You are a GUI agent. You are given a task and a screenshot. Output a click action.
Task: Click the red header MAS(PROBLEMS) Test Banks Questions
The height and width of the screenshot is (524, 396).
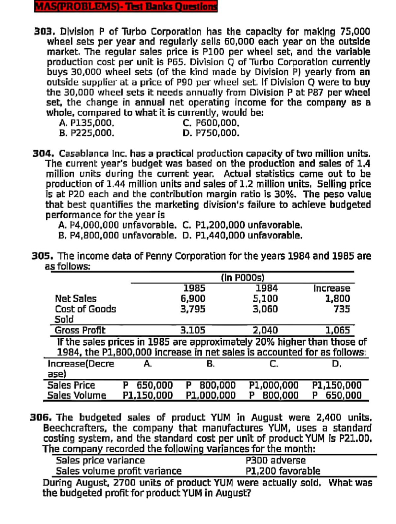[x=126, y=6]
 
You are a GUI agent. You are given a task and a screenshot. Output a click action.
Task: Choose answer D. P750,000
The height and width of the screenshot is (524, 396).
[x=211, y=133]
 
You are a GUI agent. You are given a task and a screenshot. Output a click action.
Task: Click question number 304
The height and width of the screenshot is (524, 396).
[x=43, y=154]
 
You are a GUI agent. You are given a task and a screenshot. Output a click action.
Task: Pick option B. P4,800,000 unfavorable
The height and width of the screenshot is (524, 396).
[x=117, y=235]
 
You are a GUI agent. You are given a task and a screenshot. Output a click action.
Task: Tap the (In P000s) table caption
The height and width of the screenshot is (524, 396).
[x=243, y=278]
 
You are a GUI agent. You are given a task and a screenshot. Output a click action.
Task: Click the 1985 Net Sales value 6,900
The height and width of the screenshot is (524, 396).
[x=193, y=298]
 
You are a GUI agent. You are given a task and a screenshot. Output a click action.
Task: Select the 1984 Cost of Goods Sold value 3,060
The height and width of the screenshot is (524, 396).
[x=265, y=309]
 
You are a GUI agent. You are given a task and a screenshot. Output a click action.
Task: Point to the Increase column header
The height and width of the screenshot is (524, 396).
[x=332, y=288]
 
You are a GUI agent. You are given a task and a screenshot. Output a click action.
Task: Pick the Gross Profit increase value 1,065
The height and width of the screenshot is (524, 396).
[x=338, y=330]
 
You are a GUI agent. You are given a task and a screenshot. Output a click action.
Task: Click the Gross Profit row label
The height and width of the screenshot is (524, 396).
[x=80, y=330]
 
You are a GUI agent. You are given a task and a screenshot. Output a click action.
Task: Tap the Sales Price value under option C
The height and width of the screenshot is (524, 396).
[x=274, y=385]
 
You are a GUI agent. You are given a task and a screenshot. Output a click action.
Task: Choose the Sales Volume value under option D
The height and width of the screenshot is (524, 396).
[x=337, y=395]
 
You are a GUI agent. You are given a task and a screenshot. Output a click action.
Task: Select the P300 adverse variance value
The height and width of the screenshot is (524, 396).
[x=276, y=460]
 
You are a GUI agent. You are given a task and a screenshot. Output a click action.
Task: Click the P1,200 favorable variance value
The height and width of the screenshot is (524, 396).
[x=283, y=471]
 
